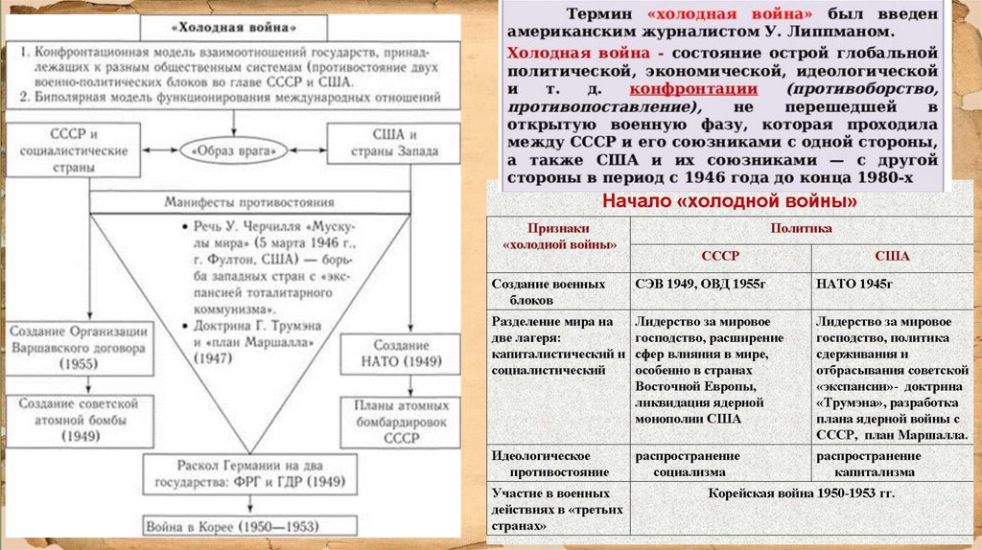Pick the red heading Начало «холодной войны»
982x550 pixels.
[729, 201]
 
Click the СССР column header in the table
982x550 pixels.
[720, 257]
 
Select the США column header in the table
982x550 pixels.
[892, 257]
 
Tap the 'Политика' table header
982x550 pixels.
[804, 229]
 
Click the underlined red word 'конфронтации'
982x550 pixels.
[709, 88]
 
